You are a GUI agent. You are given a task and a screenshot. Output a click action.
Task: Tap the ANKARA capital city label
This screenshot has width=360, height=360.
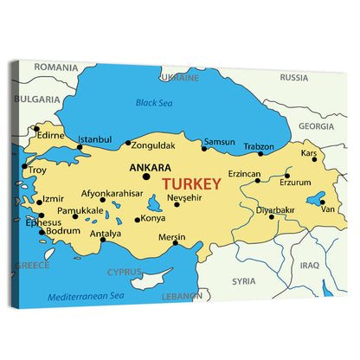pyautogui.click(x=149, y=168)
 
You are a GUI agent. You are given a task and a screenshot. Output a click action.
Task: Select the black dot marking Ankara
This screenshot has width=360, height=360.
pyautogui.click(x=146, y=177)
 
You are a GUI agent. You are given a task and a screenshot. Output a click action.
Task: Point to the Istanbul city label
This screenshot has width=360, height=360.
pyautogui.click(x=94, y=139)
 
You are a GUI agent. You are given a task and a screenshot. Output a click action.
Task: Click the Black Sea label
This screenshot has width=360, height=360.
pyautogui.click(x=155, y=103)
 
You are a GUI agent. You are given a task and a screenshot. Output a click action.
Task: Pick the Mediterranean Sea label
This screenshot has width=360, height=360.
pyautogui.click(x=87, y=295)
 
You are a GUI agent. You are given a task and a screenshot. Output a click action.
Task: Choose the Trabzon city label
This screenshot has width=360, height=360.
pyautogui.click(x=258, y=146)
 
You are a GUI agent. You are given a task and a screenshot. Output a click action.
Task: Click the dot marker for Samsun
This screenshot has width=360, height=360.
pyautogui.click(x=204, y=148)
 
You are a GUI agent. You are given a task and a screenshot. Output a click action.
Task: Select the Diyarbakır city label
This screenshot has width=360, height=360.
pyautogui.click(x=275, y=209)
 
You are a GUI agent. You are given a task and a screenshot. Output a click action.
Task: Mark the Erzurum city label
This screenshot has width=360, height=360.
pyautogui.click(x=295, y=183)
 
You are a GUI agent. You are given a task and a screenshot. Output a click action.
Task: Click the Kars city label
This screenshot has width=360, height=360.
pyautogui.click(x=308, y=153)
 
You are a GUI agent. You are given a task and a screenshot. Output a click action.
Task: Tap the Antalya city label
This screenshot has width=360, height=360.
pyautogui.click(x=106, y=233)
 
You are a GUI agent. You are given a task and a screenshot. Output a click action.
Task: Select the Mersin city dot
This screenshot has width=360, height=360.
pyautogui.click(x=175, y=243)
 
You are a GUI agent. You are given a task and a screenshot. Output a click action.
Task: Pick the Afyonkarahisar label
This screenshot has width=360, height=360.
pyautogui.click(x=112, y=193)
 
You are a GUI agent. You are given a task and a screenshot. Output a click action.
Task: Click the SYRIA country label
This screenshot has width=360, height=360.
pyautogui.click(x=244, y=280)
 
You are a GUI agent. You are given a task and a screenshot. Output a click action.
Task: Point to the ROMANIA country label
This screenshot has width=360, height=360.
pyautogui.click(x=57, y=67)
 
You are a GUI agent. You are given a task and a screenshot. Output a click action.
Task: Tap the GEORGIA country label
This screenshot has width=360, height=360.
pyautogui.click(x=316, y=125)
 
